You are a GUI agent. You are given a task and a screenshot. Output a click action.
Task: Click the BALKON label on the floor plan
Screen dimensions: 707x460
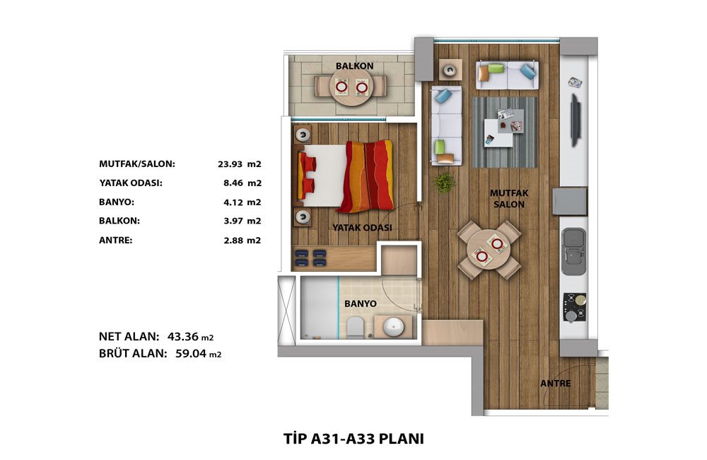354,66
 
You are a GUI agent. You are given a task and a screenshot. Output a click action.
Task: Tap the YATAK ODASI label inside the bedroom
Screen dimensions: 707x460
362,227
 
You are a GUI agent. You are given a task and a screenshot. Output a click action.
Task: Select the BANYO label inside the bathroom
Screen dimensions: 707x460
361,304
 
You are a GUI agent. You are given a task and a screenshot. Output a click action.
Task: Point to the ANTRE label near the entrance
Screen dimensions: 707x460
556,384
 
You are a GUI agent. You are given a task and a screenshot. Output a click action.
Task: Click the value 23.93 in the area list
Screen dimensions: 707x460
230,164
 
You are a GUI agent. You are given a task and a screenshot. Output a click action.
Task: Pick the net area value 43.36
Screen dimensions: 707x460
183,336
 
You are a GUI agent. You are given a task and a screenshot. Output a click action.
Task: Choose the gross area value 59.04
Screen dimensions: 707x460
191,353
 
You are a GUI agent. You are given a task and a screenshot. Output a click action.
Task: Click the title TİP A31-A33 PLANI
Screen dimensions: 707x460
353,439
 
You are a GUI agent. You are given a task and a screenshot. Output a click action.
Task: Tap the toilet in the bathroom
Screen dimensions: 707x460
356,327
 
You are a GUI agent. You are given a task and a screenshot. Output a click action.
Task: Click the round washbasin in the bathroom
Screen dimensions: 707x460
394,326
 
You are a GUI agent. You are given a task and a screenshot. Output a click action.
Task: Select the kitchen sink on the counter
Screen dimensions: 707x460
573,251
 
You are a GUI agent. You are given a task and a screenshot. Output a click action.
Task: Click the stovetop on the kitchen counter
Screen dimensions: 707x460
574,307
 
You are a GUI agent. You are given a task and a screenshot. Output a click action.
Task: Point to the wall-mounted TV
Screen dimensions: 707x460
575,120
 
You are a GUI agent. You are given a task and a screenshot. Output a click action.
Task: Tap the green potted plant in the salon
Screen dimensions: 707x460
444,183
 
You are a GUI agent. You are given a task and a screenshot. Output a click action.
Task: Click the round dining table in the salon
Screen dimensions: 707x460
489,250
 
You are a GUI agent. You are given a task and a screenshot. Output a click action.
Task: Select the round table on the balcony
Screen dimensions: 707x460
351,86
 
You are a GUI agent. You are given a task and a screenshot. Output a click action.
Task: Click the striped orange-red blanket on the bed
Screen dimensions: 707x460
367,176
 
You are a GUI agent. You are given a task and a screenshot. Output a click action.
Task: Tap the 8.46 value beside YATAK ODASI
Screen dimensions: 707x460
233,183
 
